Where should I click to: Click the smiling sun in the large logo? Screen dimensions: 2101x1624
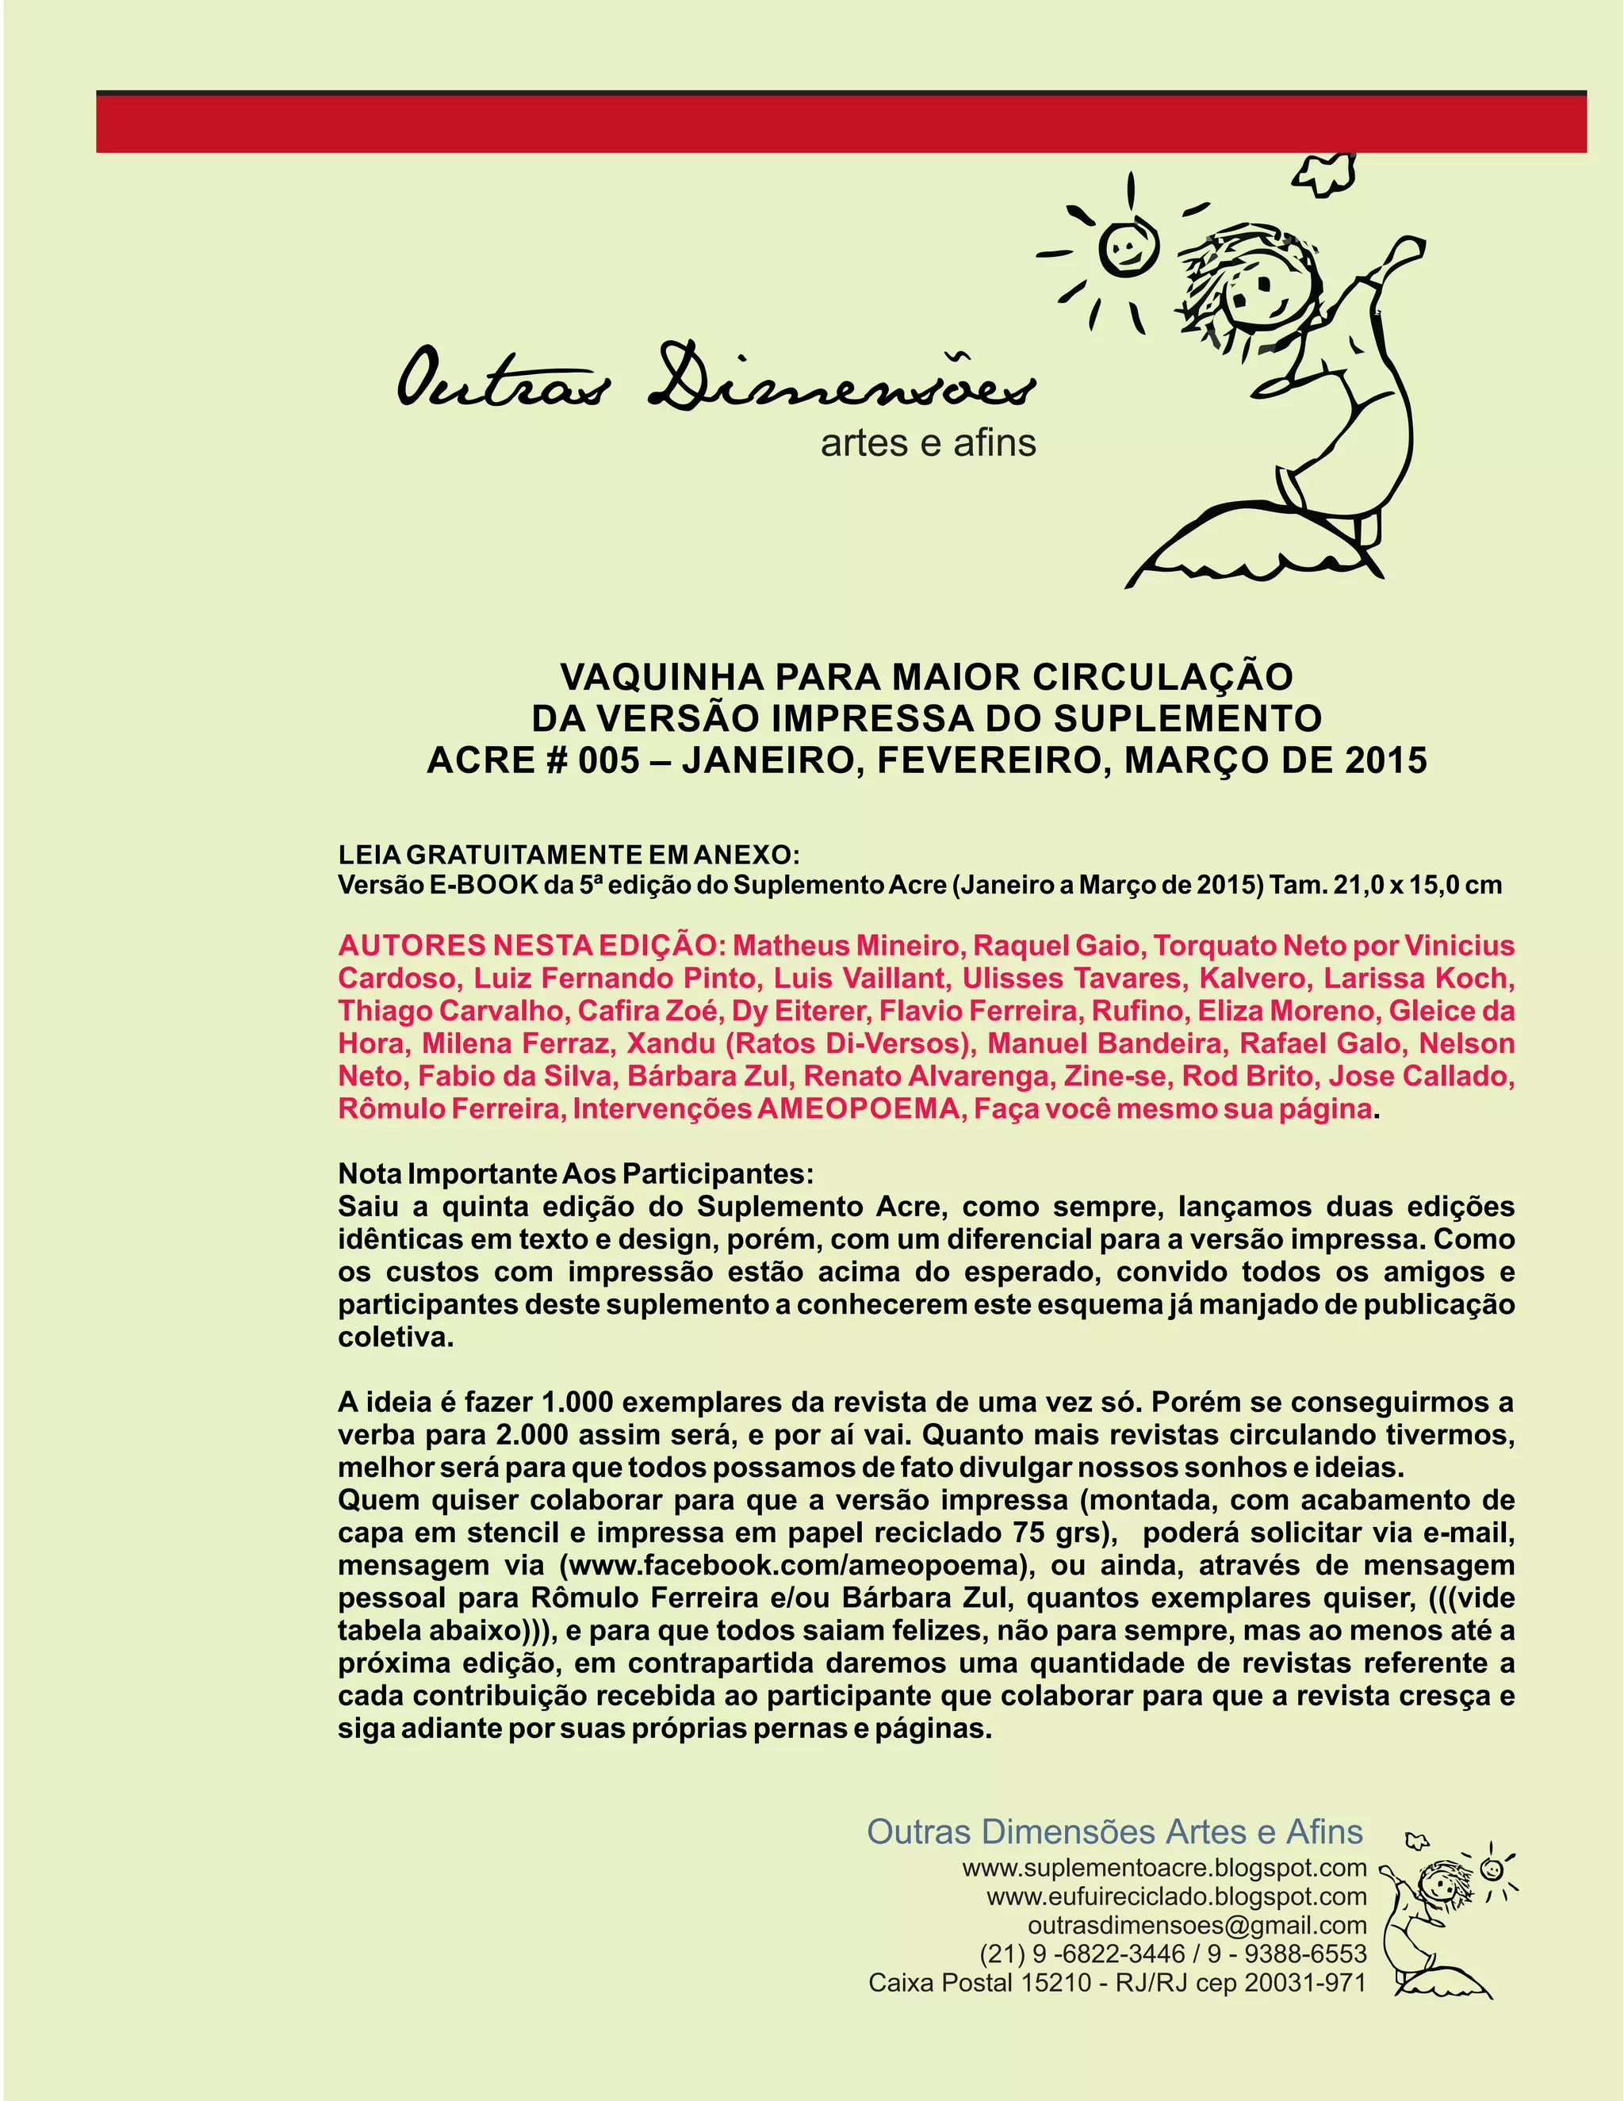pos(1124,249)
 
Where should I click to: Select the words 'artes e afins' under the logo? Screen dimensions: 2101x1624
pos(928,443)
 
